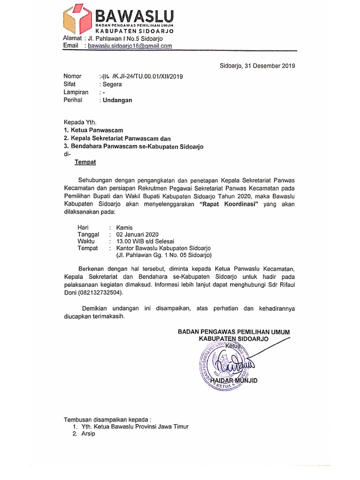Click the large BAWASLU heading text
[x=135, y=15]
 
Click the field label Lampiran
[x=76, y=92]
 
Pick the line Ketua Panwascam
[x=97, y=130]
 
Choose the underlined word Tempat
[x=85, y=162]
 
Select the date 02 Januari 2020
[x=138, y=234]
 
